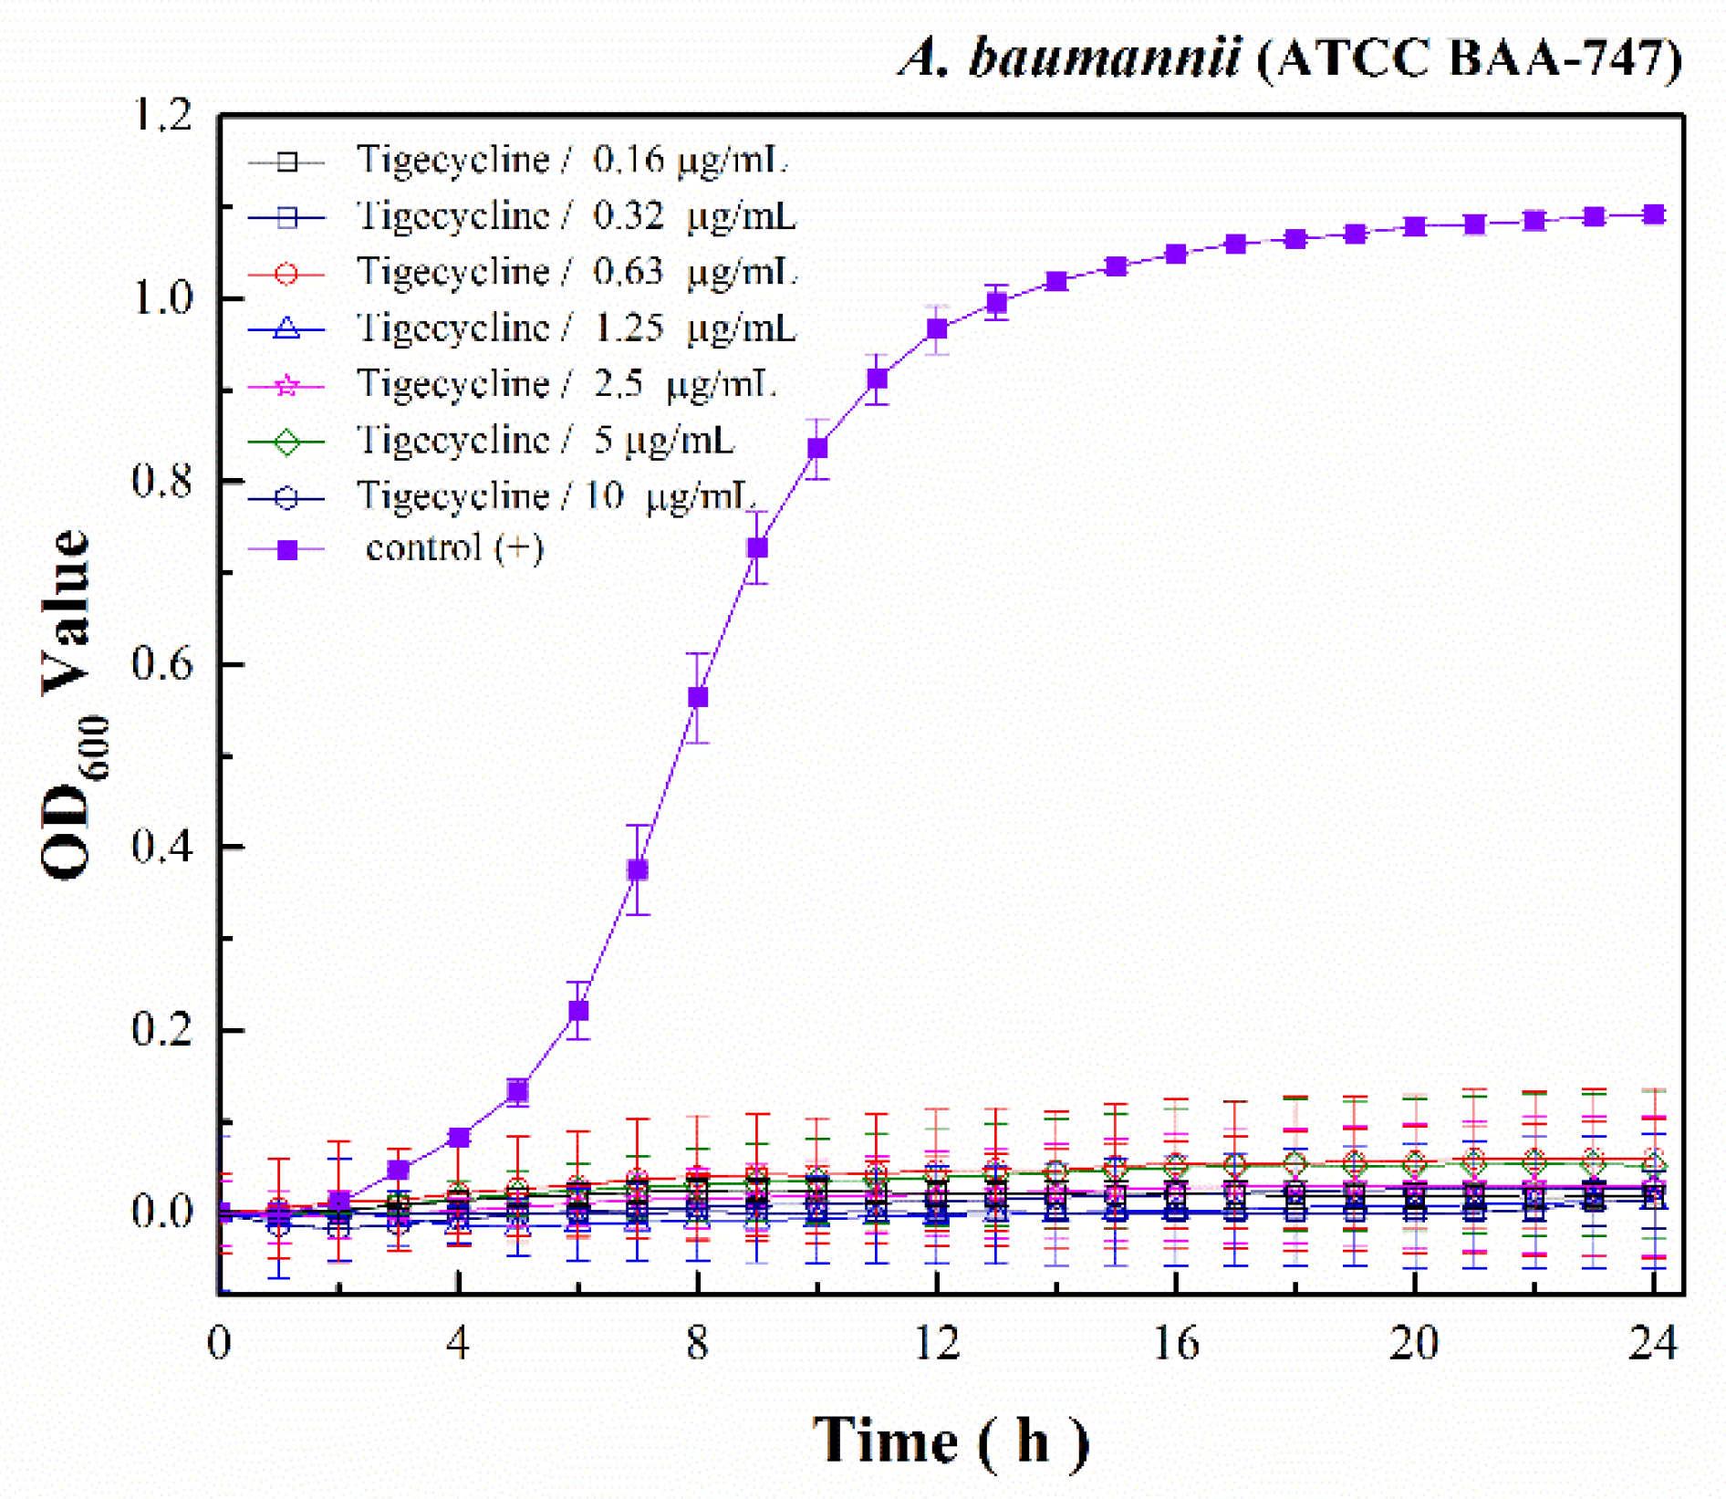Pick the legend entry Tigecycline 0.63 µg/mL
click(x=577, y=272)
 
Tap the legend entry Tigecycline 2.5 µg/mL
click(x=566, y=384)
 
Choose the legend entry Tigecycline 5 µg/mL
click(x=545, y=441)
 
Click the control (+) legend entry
click(x=453, y=548)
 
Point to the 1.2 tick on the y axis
click(x=163, y=116)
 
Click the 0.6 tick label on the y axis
click(x=163, y=663)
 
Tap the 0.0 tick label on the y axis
click(x=163, y=1212)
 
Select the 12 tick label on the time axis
click(x=937, y=1343)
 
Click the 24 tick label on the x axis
click(x=1653, y=1343)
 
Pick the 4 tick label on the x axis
click(x=459, y=1343)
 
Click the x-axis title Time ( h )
click(x=951, y=1440)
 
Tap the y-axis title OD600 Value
click(x=68, y=703)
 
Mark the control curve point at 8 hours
click(x=698, y=697)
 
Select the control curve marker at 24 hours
click(x=1653, y=214)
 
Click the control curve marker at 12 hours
click(x=937, y=329)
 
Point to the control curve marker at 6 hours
click(x=578, y=1011)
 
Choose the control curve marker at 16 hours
click(x=1176, y=254)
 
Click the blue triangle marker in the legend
click(x=286, y=328)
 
